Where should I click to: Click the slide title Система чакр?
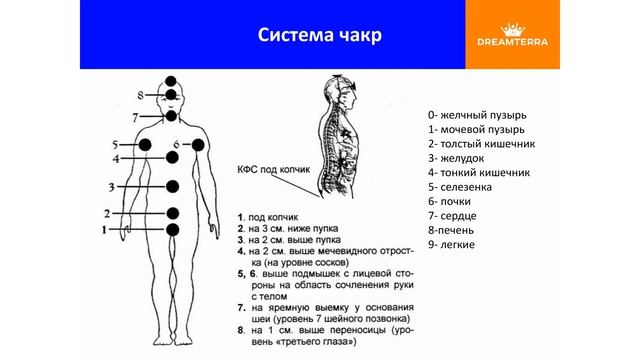tap(320, 35)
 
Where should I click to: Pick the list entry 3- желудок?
tap(461, 157)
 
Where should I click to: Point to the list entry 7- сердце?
tap(459, 215)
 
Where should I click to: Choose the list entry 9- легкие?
tap(458, 244)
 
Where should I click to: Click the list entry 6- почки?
tap(456, 201)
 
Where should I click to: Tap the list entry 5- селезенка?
tap(467, 186)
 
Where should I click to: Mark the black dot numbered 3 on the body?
tap(173, 186)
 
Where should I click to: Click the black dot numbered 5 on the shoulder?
tap(145, 146)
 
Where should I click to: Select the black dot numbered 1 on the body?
tap(173, 231)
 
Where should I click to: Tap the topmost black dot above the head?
tap(172, 80)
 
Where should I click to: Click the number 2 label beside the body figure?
tap(106, 213)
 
